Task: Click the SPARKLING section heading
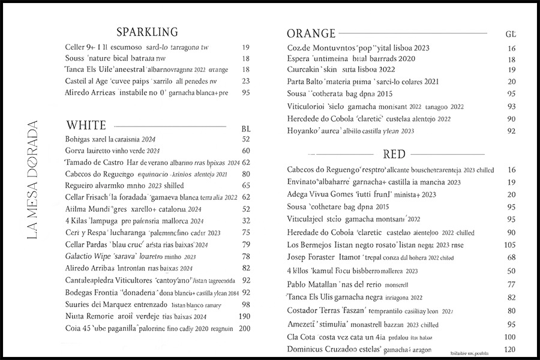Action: pos(147,32)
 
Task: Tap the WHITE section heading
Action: pos(86,125)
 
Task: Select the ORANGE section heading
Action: pos(311,33)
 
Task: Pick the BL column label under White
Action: pos(245,128)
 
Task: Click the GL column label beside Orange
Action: pos(511,34)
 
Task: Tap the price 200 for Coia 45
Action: pos(244,329)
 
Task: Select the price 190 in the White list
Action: pos(244,316)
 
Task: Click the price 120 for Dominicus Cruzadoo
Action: pos(510,349)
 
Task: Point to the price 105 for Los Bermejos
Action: pos(510,245)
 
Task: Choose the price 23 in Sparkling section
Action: pos(245,81)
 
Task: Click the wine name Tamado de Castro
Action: pos(94,163)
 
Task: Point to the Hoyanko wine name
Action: pos(305,131)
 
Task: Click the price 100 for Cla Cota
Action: pos(510,337)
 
